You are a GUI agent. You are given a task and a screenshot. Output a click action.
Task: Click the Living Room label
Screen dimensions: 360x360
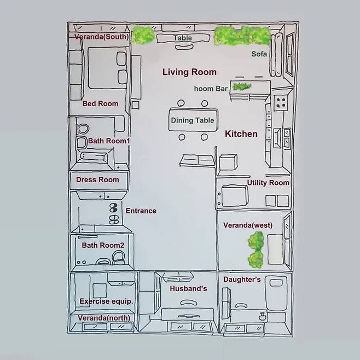189,72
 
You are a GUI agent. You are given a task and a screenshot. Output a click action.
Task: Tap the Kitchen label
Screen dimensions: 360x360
241,134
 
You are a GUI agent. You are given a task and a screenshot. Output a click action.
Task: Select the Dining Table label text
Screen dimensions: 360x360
193,120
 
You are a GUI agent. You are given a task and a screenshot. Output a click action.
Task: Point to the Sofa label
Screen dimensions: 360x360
259,54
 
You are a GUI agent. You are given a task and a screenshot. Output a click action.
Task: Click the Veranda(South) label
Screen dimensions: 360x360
101,37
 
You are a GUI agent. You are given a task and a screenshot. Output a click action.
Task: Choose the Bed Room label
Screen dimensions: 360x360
100,103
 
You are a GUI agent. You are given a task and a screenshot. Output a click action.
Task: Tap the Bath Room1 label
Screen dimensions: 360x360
109,141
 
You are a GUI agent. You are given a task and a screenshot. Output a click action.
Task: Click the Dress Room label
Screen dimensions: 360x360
97,179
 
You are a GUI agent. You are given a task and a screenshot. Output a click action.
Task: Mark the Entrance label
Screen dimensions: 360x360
141,211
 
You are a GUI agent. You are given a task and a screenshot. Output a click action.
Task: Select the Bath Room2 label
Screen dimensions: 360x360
103,245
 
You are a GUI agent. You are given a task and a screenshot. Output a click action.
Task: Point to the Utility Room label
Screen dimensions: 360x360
268,183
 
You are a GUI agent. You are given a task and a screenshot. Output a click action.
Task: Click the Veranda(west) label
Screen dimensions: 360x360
248,225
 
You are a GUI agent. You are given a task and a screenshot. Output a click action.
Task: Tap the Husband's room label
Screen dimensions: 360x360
189,288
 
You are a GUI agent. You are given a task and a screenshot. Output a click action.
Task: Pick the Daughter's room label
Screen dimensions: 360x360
242,280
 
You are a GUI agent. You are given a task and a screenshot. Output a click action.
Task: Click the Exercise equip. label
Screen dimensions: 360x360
106,301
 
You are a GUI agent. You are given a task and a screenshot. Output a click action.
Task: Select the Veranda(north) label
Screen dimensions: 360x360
104,318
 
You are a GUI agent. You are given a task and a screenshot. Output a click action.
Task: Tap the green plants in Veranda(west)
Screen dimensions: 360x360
256,250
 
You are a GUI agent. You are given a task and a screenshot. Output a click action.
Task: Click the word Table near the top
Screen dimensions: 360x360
183,38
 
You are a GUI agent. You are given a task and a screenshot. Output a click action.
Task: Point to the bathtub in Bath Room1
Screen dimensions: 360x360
95,157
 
